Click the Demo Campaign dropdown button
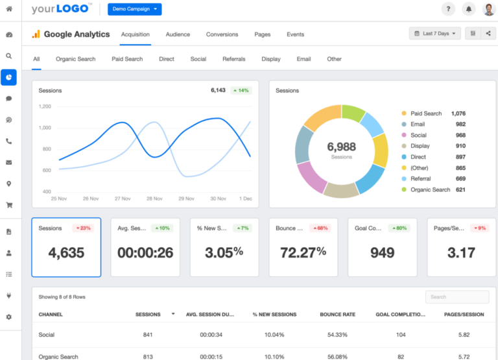[x=135, y=9]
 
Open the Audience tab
[x=178, y=34]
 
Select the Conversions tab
[x=222, y=34]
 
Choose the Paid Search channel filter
[x=127, y=59]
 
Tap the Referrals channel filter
[x=234, y=59]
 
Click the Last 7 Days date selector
[x=434, y=34]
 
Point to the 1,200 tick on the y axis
[x=45, y=106]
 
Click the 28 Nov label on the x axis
[x=154, y=198]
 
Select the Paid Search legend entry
[x=425, y=114]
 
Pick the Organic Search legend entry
[x=430, y=189]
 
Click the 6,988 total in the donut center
[x=341, y=147]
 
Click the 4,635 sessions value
[x=66, y=252]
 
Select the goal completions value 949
[x=382, y=252]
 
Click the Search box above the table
[x=457, y=297]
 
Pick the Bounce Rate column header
[x=337, y=315]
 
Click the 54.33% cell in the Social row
[x=337, y=335]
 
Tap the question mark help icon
[x=448, y=9]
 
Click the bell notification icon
[x=468, y=9]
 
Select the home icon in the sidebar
[x=9, y=9]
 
